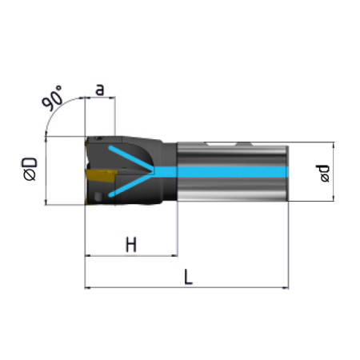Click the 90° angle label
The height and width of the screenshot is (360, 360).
[52, 98]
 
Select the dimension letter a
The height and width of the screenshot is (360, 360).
[100, 90]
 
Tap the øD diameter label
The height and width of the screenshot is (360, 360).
[30, 170]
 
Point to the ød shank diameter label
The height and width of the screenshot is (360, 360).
[323, 174]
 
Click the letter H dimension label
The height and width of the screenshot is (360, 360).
[131, 245]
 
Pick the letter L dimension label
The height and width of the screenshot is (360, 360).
[188, 277]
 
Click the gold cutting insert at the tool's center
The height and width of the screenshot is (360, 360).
[101, 175]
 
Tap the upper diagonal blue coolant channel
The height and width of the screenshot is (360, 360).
[130, 158]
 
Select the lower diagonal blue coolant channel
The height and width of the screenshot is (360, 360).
[130, 185]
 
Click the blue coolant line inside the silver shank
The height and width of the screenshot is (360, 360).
[222, 172]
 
